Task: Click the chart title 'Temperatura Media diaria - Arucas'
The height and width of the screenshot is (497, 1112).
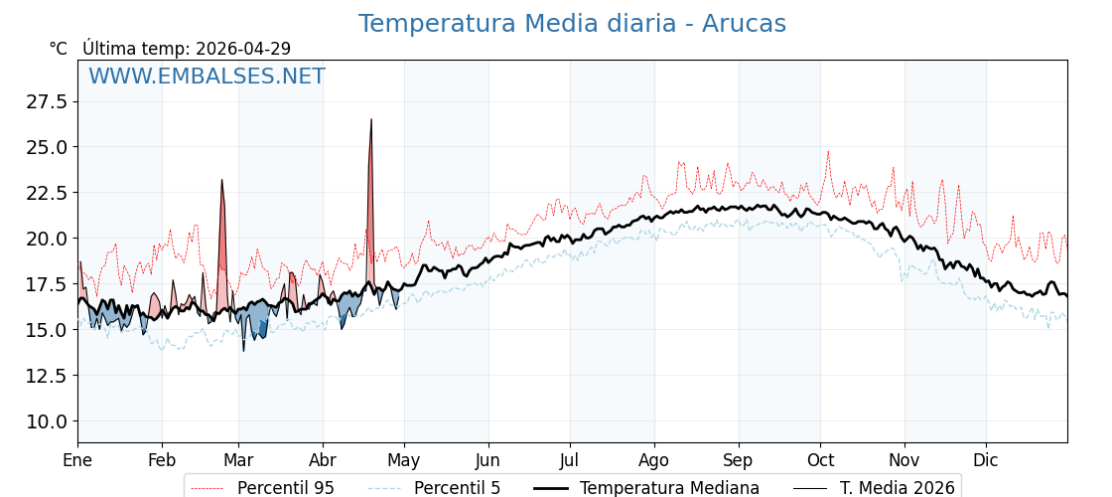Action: point(572,24)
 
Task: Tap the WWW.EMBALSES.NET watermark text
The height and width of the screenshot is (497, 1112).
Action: point(207,77)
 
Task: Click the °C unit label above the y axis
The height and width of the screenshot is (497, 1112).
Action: point(58,49)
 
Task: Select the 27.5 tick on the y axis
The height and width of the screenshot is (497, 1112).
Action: point(47,102)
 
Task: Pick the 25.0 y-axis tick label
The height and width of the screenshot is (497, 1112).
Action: point(47,147)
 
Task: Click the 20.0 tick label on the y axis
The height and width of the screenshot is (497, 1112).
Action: point(47,239)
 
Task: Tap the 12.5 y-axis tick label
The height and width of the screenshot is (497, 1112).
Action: point(47,376)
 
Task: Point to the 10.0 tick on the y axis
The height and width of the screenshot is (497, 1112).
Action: point(47,421)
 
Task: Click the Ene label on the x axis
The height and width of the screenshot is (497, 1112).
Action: point(77,461)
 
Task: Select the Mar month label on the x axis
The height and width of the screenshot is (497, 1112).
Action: point(238,461)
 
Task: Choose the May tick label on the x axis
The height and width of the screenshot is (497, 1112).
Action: point(404,461)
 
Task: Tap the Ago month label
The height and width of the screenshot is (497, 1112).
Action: point(654,461)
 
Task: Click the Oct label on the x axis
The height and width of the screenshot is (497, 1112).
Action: point(820,461)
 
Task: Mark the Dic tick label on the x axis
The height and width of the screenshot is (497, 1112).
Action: point(986,461)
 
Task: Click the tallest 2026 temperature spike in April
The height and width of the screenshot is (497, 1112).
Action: point(371,120)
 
